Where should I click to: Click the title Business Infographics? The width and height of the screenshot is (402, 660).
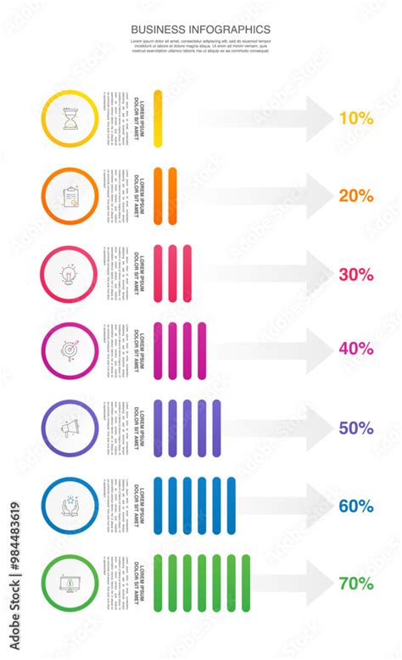pos(201,30)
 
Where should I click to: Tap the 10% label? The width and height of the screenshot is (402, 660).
pos(356,119)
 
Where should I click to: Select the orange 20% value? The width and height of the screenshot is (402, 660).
pos(356,196)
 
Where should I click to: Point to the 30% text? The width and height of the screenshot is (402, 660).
pos(356,274)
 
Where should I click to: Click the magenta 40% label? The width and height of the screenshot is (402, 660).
pos(356,348)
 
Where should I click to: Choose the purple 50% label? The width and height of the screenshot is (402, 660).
pos(356,428)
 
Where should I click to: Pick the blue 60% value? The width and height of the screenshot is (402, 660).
pos(356,506)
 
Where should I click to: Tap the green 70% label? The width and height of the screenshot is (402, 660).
pos(356,584)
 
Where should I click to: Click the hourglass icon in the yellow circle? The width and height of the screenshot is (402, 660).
pos(70,119)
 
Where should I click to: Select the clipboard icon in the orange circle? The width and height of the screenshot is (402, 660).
pos(70,196)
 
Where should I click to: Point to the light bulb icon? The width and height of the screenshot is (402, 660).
pos(70,273)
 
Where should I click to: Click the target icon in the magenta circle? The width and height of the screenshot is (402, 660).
pos(70,350)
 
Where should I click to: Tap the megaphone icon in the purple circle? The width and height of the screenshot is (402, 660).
pos(70,428)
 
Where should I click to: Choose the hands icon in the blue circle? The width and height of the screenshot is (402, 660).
pos(70,506)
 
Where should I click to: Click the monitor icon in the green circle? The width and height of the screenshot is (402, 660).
pos(70,584)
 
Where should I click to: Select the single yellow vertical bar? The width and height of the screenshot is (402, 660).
pos(158,119)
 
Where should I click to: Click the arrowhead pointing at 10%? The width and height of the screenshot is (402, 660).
pos(318,119)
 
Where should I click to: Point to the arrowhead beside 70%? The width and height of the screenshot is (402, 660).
pos(318,584)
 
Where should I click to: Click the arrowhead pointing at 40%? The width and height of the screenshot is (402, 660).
pos(318,350)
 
